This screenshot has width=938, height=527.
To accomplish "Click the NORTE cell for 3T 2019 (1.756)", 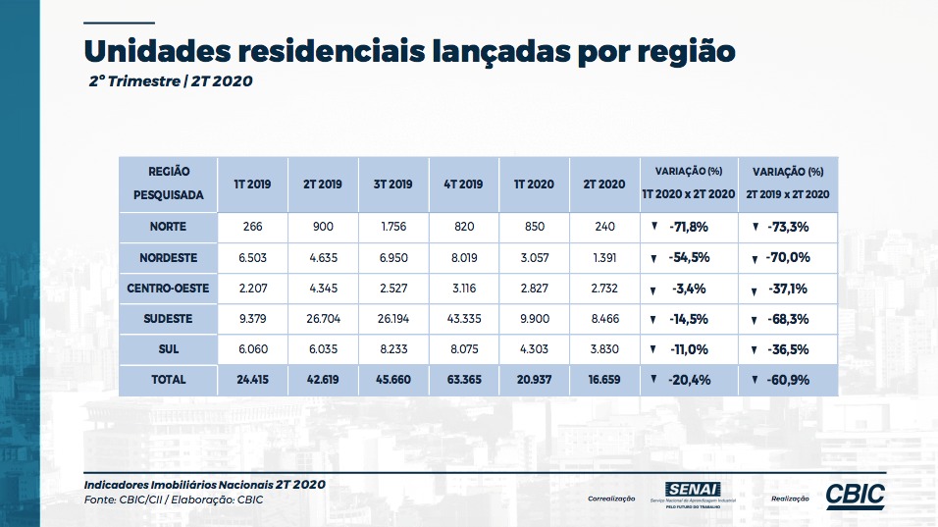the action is coord(393,227).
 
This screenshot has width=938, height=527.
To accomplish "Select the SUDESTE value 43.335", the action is coord(464,319).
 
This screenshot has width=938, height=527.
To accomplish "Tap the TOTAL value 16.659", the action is coord(604,379).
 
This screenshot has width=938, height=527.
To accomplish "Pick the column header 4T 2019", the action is coord(463,184).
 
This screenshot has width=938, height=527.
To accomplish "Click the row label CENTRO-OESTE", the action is coord(168,289).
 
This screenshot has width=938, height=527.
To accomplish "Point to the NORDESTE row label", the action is coord(168,258).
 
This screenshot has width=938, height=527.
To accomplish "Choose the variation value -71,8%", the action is coord(689,227).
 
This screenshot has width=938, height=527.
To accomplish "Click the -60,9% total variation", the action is coord(789,380).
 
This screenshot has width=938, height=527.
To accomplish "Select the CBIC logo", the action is coord(856,496).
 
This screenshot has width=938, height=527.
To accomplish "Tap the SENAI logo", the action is coord(693,495).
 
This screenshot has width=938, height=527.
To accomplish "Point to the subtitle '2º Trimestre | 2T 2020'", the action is coord(171,81).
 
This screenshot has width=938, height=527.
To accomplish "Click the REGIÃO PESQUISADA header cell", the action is coord(168,184).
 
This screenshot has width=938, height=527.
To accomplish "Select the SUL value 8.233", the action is coord(393,349).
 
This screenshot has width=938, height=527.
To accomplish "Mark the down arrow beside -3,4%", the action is coord(653,290).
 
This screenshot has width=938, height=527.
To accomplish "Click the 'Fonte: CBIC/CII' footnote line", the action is coord(174,500).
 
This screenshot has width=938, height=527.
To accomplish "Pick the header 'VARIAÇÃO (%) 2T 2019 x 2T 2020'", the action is coord(788,184).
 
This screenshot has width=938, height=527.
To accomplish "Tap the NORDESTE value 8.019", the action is coord(464,258).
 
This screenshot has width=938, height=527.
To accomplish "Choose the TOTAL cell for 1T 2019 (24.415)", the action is coord(252,379).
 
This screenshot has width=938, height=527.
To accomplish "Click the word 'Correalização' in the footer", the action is coord(611,499).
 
